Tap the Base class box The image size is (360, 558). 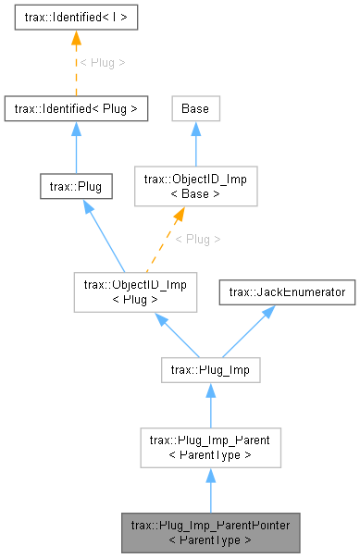point(194,108)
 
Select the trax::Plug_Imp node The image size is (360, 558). point(210,371)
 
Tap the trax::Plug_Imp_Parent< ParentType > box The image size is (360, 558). point(210,448)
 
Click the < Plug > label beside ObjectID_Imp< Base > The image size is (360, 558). point(198,239)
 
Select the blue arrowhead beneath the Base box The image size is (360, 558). point(194,130)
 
